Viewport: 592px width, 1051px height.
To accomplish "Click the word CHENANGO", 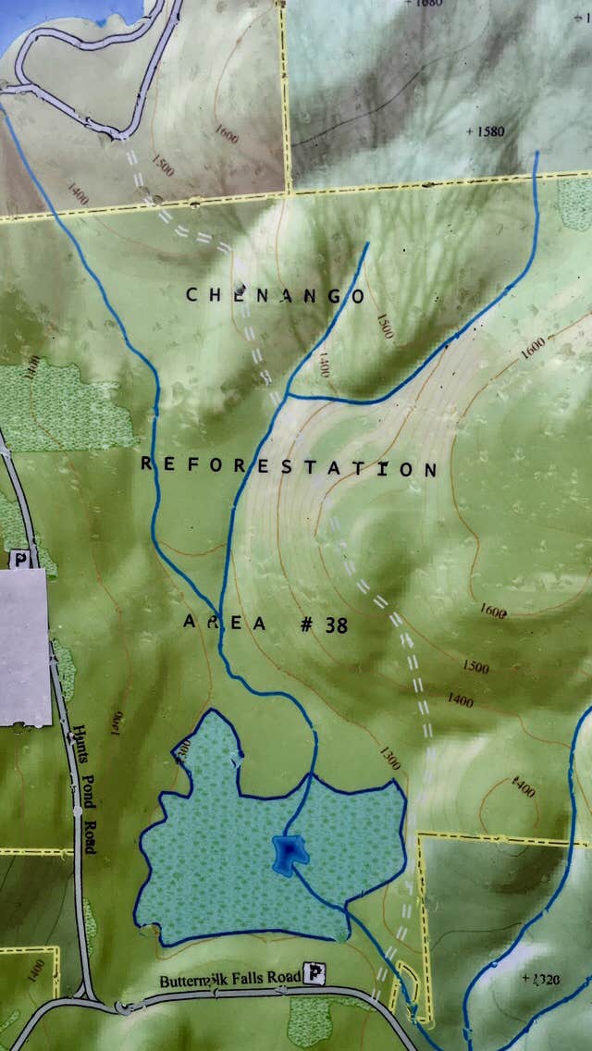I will click(x=275, y=295).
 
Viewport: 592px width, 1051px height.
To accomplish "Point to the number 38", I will click(x=336, y=625).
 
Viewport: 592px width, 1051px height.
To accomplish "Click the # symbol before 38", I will click(x=305, y=624).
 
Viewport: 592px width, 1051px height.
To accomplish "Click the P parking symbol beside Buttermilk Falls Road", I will click(x=316, y=972).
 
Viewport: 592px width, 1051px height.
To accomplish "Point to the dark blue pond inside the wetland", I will click(x=289, y=851).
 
